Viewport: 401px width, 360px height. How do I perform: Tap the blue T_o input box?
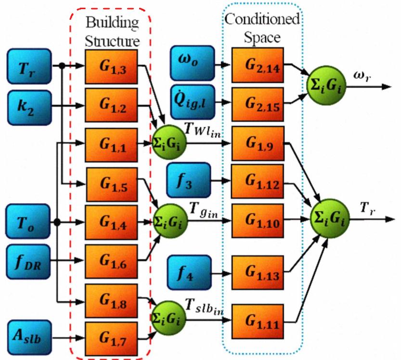[28, 223]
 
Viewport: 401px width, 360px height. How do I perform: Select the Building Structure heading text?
[112, 30]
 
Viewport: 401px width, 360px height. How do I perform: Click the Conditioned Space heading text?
[262, 28]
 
